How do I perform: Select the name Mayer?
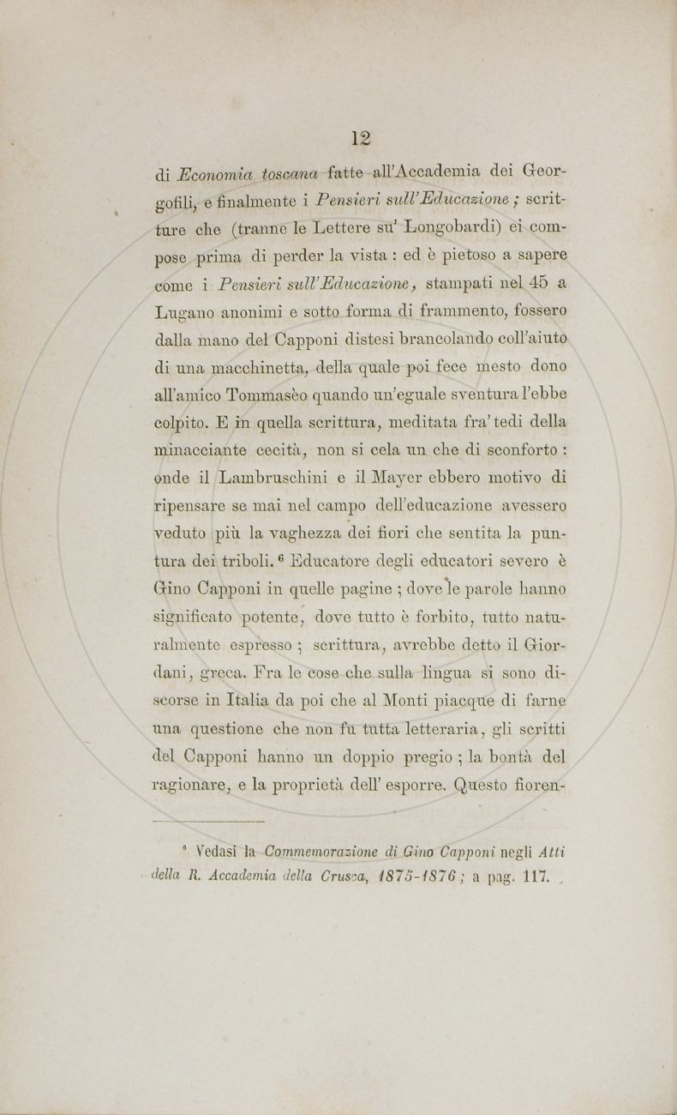point(414,476)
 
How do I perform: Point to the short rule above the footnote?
point(210,821)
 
